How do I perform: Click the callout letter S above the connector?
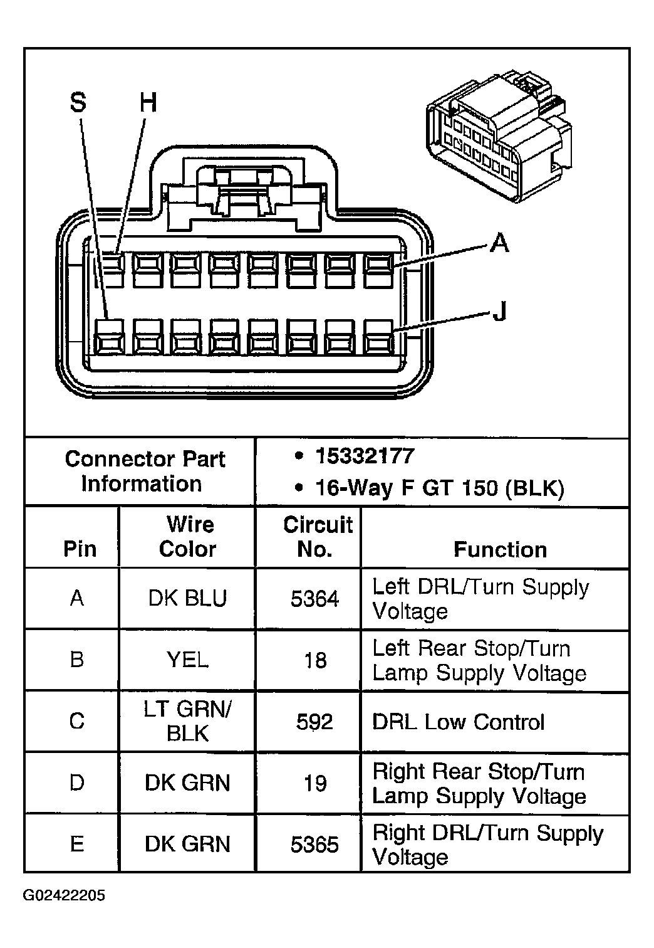point(78,102)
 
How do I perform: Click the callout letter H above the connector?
point(148,102)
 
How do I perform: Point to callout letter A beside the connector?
point(499,242)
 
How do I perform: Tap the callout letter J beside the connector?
point(499,310)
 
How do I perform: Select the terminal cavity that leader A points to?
point(378,270)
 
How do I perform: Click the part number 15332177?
point(365,456)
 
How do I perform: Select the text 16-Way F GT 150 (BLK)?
point(439,487)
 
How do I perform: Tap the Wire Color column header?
point(187,537)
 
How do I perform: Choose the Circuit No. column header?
point(317,537)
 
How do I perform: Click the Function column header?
point(500,549)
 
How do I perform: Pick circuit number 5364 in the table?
point(314,599)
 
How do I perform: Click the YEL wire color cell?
point(187,660)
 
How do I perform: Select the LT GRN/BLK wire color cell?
point(187,721)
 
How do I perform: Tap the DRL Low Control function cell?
point(458,722)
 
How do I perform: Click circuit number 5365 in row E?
point(314,845)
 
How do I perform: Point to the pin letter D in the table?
point(77,783)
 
